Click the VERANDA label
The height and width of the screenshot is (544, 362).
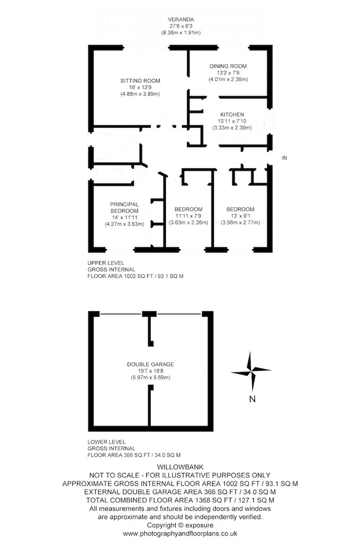(180, 20)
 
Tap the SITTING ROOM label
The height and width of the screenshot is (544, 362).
(140, 81)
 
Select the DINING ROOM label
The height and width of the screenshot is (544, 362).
(228, 66)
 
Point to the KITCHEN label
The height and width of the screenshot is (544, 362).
(232, 115)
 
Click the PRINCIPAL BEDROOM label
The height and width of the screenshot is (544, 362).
(125, 208)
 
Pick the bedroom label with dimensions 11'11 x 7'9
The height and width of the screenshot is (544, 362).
(188, 209)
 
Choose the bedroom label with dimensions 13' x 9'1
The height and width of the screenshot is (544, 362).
(240, 209)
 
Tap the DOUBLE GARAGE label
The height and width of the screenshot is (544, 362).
(151, 364)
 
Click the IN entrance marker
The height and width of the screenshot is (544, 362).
(285, 158)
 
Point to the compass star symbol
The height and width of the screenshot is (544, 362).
(251, 371)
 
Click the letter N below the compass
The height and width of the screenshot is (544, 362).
(253, 399)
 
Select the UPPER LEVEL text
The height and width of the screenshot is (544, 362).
(106, 263)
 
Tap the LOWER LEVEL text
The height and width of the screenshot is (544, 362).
(107, 442)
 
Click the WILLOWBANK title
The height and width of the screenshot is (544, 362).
(180, 467)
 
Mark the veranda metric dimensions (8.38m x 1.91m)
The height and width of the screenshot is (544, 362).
(180, 33)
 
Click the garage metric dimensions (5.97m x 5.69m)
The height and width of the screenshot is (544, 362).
(151, 378)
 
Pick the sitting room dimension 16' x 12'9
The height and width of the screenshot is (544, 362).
(140, 88)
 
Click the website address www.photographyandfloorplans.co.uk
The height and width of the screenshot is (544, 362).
(180, 533)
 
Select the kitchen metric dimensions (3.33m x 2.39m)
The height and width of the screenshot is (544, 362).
(232, 127)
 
